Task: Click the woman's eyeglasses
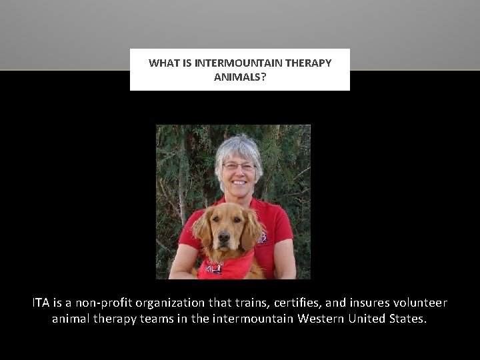click(239, 165)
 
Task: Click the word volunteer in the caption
click(415, 303)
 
